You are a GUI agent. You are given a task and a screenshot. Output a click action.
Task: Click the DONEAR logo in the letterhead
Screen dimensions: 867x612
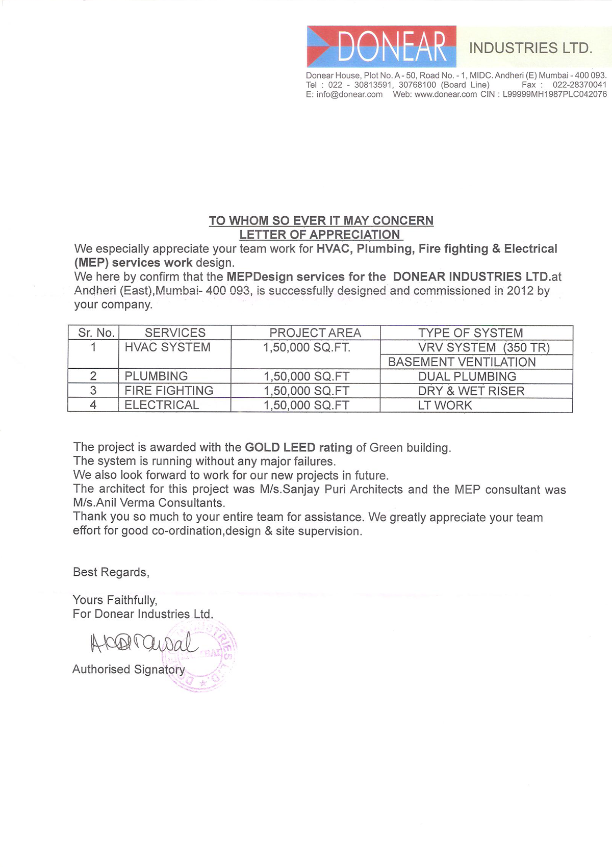(x=381, y=46)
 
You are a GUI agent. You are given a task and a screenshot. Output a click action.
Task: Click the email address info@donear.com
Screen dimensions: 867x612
(x=349, y=94)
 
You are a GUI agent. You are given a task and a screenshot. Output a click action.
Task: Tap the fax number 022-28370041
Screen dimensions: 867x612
(x=579, y=85)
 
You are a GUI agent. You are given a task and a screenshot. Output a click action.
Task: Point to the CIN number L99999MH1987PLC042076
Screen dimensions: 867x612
(x=554, y=94)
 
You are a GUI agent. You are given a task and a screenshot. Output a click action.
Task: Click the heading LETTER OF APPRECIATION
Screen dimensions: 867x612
(x=320, y=235)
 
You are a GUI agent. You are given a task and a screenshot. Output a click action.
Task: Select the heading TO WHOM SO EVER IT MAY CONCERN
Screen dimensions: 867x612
(x=321, y=220)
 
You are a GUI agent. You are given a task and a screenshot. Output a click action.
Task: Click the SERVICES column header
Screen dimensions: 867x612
(x=175, y=333)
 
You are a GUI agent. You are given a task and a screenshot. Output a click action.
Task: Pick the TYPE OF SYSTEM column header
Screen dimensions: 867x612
(x=470, y=333)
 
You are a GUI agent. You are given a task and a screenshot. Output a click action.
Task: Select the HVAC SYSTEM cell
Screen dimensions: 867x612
(x=167, y=347)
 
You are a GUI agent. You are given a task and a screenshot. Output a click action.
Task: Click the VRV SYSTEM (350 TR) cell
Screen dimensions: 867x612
(x=483, y=348)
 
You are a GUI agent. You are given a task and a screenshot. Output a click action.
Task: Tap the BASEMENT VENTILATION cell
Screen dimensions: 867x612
(x=462, y=362)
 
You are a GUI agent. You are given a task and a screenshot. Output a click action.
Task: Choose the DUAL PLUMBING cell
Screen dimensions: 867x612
(x=467, y=376)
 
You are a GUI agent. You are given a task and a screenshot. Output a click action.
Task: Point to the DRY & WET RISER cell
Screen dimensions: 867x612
(x=471, y=391)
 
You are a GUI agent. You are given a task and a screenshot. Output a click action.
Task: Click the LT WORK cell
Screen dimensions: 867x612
(x=445, y=405)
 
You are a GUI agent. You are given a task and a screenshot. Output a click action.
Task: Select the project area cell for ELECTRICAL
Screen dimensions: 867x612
(x=306, y=405)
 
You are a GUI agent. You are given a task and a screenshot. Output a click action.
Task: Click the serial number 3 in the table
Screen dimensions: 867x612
(x=93, y=391)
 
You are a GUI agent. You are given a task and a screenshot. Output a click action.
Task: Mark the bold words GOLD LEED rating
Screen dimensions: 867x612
(x=298, y=447)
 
